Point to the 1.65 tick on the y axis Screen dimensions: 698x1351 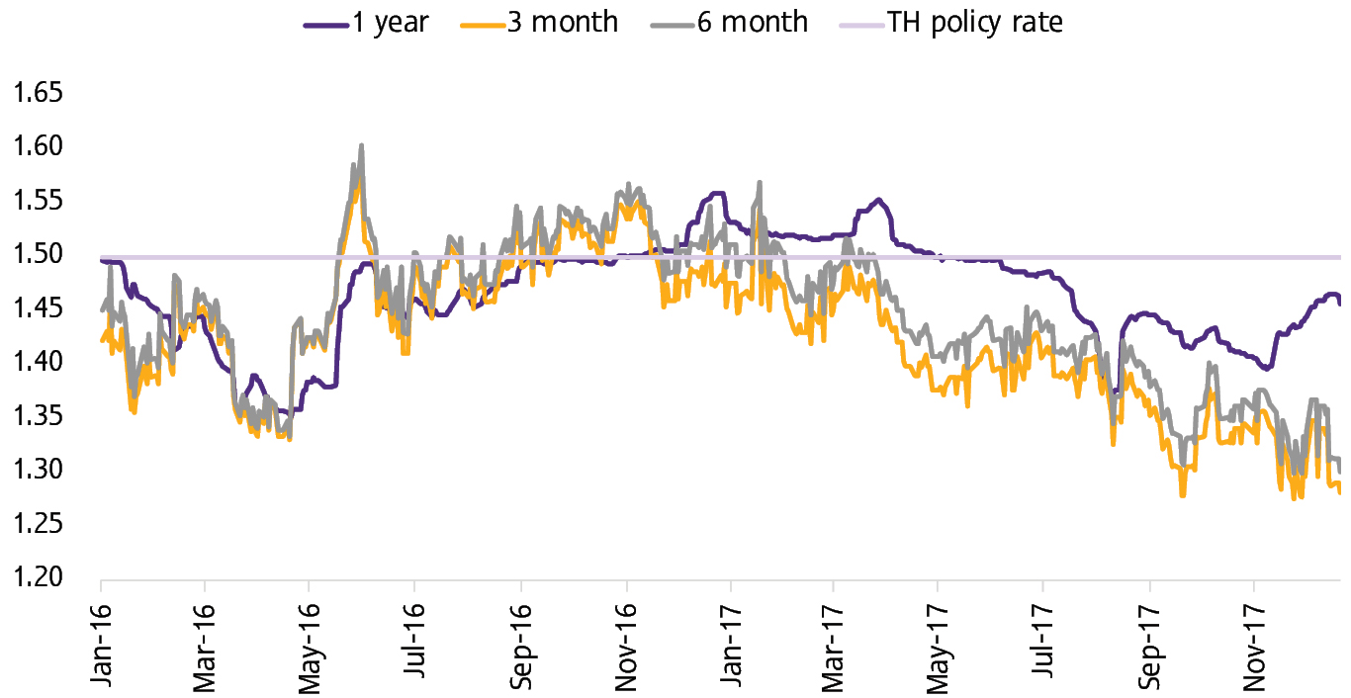click(x=34, y=94)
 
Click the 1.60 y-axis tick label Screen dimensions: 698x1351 click(x=34, y=147)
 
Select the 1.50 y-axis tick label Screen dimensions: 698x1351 click(x=34, y=255)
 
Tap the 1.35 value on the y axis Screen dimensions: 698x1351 click(x=34, y=416)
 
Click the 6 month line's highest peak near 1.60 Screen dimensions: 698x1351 click(x=362, y=145)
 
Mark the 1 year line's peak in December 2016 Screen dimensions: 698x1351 click(x=718, y=194)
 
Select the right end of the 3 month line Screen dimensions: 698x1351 click(x=1340, y=492)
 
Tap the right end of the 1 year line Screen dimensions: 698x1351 click(x=1340, y=304)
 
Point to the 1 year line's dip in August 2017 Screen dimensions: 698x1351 click(x=1115, y=392)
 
